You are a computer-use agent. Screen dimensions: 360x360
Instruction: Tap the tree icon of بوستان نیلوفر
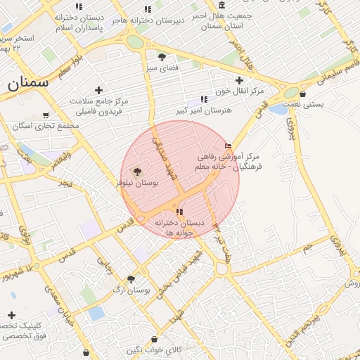(136, 172)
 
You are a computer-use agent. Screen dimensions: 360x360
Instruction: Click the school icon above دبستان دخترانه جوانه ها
(179, 212)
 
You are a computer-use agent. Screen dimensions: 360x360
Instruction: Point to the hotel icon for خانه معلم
(227, 146)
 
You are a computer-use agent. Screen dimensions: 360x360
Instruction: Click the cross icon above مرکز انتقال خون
(240, 80)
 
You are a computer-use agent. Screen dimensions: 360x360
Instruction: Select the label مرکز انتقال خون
(240, 91)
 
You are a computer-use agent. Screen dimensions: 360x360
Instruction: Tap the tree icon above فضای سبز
(162, 57)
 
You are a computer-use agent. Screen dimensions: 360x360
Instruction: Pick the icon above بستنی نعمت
(302, 94)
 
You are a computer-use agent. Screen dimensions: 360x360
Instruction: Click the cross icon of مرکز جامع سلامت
(98, 90)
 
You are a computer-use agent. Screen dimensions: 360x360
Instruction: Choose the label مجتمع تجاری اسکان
(46, 126)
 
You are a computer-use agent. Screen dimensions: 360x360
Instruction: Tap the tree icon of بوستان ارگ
(131, 279)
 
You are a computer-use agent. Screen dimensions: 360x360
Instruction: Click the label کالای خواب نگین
(155, 349)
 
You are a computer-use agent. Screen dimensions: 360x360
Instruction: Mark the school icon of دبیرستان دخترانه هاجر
(147, 9)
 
